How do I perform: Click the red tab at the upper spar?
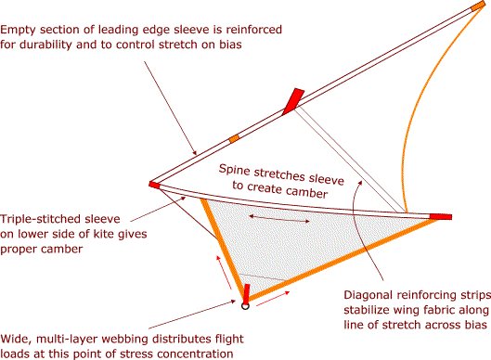click(293, 98)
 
